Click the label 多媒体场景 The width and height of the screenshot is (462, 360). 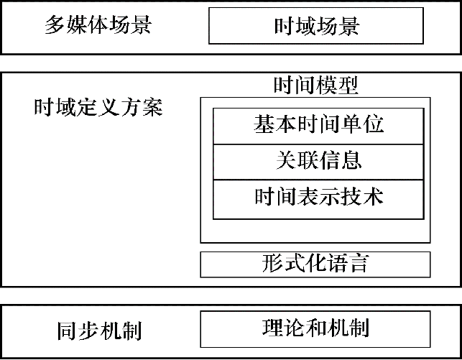[x=99, y=27]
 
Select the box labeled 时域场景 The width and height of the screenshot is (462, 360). [x=316, y=27]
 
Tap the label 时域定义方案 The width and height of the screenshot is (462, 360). [x=99, y=109]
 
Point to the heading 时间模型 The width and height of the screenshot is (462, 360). [x=316, y=86]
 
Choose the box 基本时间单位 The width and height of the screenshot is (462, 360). [x=318, y=125]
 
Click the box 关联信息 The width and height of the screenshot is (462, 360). [x=318, y=160]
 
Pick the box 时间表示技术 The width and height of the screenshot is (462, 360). [x=318, y=195]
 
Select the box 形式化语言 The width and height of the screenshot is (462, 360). [x=315, y=264]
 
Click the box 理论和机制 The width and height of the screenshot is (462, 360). [x=315, y=329]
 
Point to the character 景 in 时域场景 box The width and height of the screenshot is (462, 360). [x=349, y=27]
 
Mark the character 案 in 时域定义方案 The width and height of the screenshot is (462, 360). [x=153, y=109]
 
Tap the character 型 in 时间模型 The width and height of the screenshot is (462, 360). [x=348, y=86]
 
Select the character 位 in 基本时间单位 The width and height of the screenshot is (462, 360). [x=373, y=125]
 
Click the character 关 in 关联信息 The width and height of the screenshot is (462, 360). [x=287, y=160]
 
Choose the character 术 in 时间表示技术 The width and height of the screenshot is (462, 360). [x=373, y=195]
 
